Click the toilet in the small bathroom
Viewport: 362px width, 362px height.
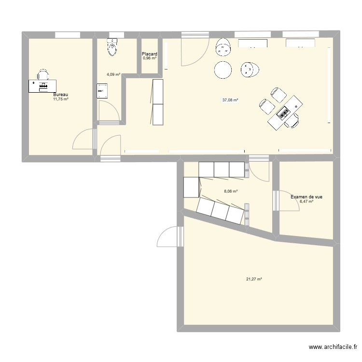tap(112, 47)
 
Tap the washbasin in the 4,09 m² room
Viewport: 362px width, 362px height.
tap(101, 90)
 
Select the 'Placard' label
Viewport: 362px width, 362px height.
tap(149, 54)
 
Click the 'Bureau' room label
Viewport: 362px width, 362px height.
tap(61, 95)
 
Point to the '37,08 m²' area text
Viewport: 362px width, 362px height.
tap(230, 100)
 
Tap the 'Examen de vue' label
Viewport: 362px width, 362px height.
tap(306, 197)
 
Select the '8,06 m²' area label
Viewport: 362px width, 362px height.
tap(230, 191)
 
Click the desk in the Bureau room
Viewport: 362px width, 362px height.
tap(42, 85)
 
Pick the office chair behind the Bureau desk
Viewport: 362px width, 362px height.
tap(43, 74)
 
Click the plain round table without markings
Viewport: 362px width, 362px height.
tap(223, 70)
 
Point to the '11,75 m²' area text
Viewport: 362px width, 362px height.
tap(61, 99)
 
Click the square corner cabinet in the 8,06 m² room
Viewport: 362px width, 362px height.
tap(192, 187)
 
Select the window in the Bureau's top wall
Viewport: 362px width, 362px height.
tap(67, 35)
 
